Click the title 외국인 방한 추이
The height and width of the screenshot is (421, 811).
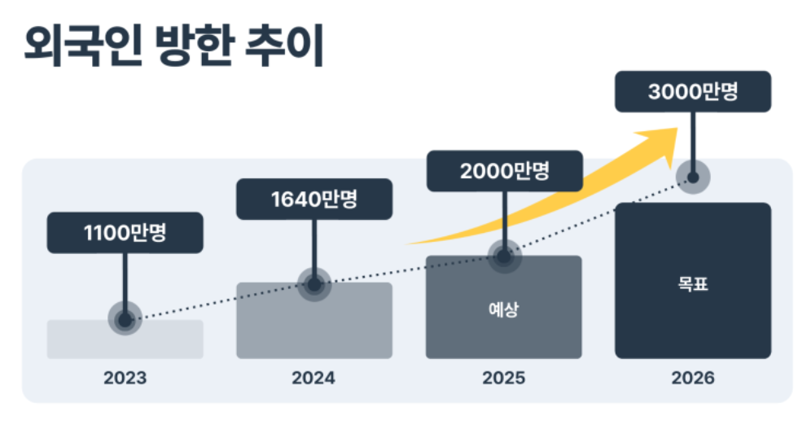click(173, 46)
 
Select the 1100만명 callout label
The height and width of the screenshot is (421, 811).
click(125, 233)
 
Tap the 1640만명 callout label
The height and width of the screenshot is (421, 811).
click(314, 199)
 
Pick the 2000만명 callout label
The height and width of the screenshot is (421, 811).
click(504, 171)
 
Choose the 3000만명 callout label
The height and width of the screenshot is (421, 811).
click(693, 91)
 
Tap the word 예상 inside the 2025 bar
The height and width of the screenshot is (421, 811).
click(503, 309)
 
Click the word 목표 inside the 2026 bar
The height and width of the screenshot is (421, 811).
click(693, 286)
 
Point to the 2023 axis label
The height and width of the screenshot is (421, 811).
click(125, 379)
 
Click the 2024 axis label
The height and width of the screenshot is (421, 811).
click(314, 379)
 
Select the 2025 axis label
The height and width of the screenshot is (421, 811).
click(503, 379)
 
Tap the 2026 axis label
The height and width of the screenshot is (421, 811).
click(693, 379)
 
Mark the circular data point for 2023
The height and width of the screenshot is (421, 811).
click(125, 319)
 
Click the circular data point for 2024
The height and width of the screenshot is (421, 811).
click(314, 284)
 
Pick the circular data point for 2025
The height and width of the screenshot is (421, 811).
click(504, 257)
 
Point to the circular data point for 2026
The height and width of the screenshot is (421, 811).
click(693, 176)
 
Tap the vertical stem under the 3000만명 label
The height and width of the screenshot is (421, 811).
click(693, 138)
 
